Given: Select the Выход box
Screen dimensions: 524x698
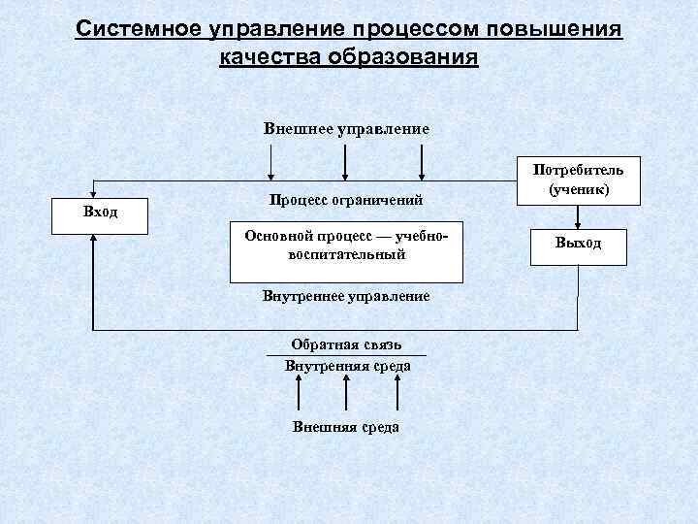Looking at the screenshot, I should [578, 244].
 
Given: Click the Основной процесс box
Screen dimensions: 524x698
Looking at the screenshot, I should [346, 246].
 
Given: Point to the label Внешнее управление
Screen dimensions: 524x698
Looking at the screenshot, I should [346, 128].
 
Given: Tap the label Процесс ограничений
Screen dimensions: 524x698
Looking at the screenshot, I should [346, 200].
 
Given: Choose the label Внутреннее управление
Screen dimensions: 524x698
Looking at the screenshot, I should [346, 295].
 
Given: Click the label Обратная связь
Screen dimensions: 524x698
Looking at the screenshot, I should [346, 345].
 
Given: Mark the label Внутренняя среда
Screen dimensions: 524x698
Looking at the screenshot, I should [347, 366].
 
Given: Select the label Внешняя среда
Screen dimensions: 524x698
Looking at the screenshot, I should [346, 427].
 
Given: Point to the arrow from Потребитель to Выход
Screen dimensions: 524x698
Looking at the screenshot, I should [578, 215].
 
